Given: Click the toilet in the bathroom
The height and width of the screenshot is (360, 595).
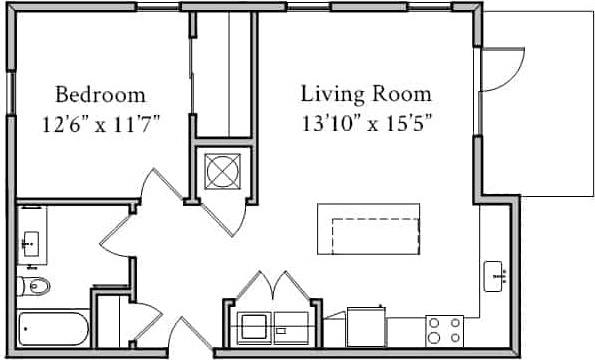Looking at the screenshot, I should point(35,287).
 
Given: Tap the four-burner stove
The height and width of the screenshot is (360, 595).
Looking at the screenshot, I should point(443,329).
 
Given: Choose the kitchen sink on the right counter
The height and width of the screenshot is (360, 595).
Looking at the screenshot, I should point(494,275).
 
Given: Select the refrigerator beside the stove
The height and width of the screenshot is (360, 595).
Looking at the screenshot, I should point(367,327).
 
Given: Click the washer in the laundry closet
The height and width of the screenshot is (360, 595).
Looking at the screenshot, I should point(254,325).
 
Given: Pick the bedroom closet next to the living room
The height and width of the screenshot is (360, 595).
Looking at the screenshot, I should point(221,75).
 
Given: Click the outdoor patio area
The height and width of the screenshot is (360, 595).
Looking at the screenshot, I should point(540,100).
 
